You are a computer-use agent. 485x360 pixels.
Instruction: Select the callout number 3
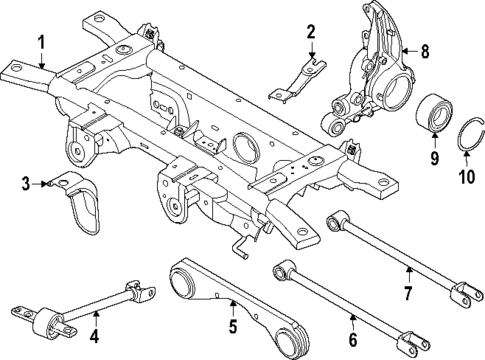(x=26, y=181)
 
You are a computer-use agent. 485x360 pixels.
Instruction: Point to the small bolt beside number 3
(x=47, y=183)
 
